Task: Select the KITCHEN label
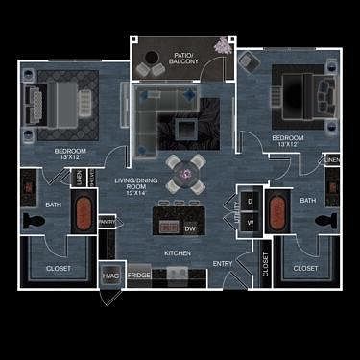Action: (x=177, y=252)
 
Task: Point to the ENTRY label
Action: (x=223, y=263)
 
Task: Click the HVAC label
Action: (x=111, y=276)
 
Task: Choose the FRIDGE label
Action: (x=140, y=276)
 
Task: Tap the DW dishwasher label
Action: (x=189, y=228)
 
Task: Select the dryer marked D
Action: (x=250, y=201)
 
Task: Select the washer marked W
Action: (x=250, y=222)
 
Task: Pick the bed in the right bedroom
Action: (x=298, y=91)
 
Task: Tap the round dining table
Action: (x=183, y=174)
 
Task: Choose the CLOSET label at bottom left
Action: (x=59, y=268)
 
